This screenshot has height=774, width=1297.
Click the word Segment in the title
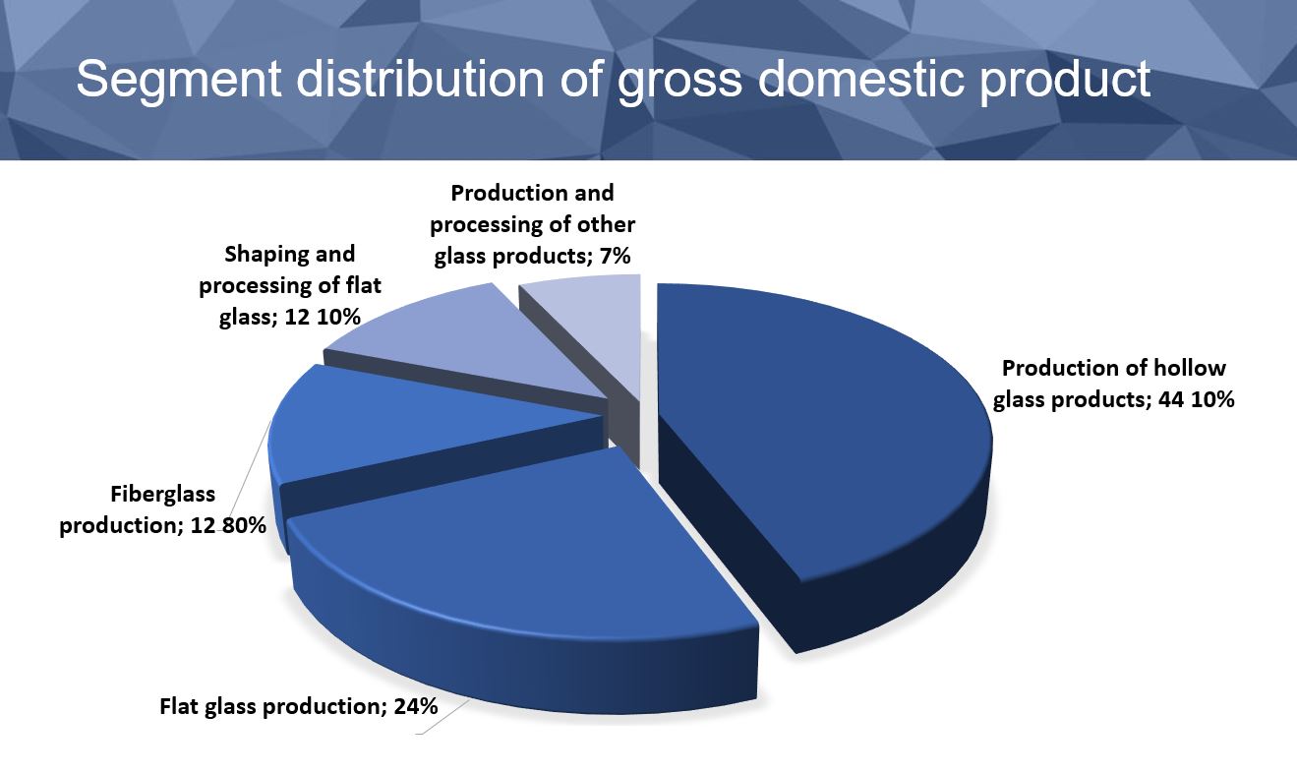coord(179,79)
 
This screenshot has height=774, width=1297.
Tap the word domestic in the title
coord(860,79)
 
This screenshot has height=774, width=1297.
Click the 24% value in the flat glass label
coord(415,706)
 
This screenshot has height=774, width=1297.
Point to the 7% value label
coord(615,256)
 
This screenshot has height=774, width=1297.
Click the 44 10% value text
coord(1197,399)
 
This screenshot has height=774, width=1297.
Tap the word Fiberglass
coord(162,494)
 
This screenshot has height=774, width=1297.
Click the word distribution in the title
coord(420,79)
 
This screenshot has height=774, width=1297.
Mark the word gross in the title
coord(679,85)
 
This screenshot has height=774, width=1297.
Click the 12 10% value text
coord(323,317)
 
